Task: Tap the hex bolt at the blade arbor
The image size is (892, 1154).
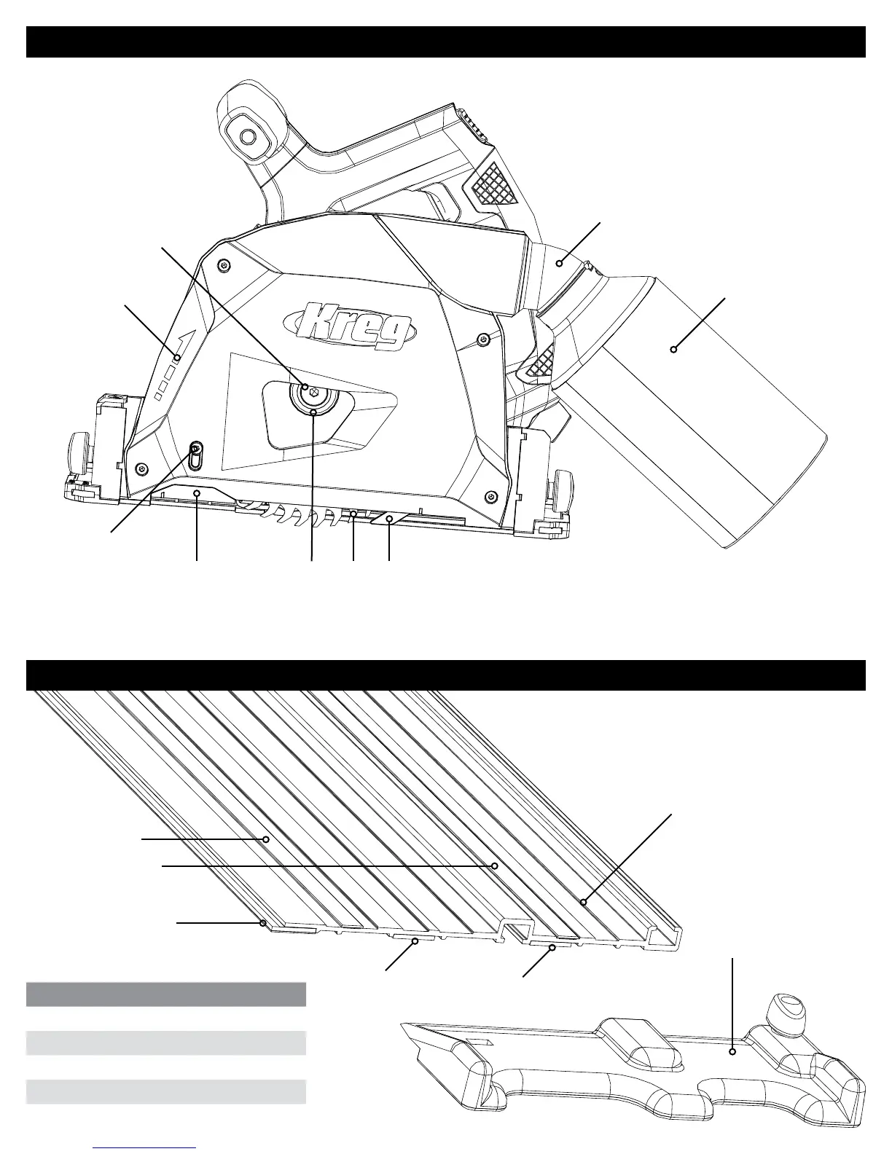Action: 313,394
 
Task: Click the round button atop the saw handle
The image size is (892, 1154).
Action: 248,137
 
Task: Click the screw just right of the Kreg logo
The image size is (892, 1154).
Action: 482,339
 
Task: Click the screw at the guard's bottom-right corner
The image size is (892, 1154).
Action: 493,497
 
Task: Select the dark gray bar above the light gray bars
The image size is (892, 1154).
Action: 165,994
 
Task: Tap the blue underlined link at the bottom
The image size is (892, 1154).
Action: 145,1147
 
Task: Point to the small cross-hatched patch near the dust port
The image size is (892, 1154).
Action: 539,362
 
